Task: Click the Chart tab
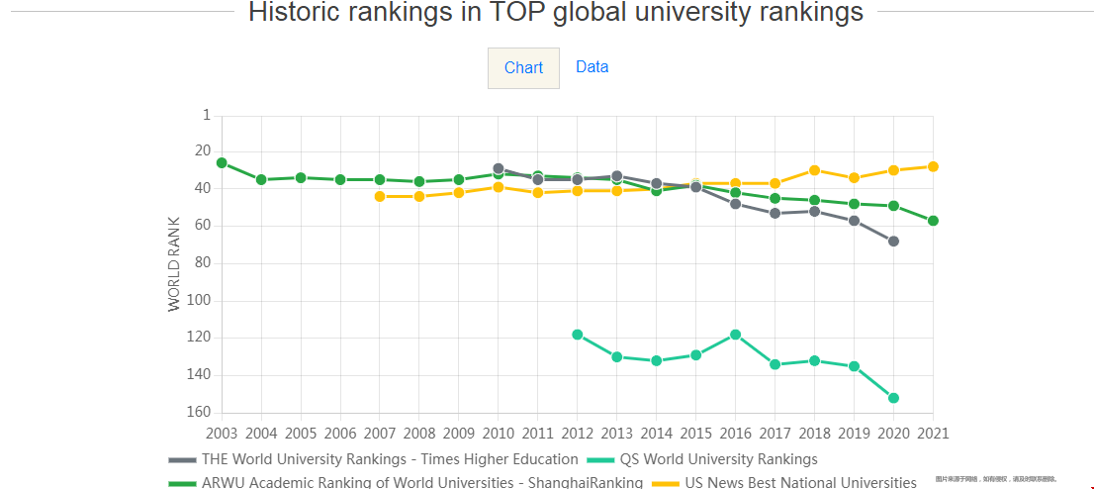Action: (x=523, y=68)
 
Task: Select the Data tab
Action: (x=592, y=67)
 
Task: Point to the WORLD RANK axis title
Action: (x=175, y=264)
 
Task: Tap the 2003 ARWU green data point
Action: (x=222, y=162)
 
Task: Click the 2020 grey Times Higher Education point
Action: (x=893, y=241)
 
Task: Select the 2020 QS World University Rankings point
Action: (x=893, y=398)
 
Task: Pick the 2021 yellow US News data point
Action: (x=933, y=166)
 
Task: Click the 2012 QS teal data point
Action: (x=577, y=335)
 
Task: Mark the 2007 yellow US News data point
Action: (x=380, y=196)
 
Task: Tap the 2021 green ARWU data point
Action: (x=933, y=221)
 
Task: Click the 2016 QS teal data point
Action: (x=735, y=335)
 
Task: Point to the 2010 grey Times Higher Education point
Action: (x=499, y=168)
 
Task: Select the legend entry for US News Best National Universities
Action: (x=800, y=483)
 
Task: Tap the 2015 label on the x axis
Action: (x=695, y=434)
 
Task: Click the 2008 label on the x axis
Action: (x=419, y=434)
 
